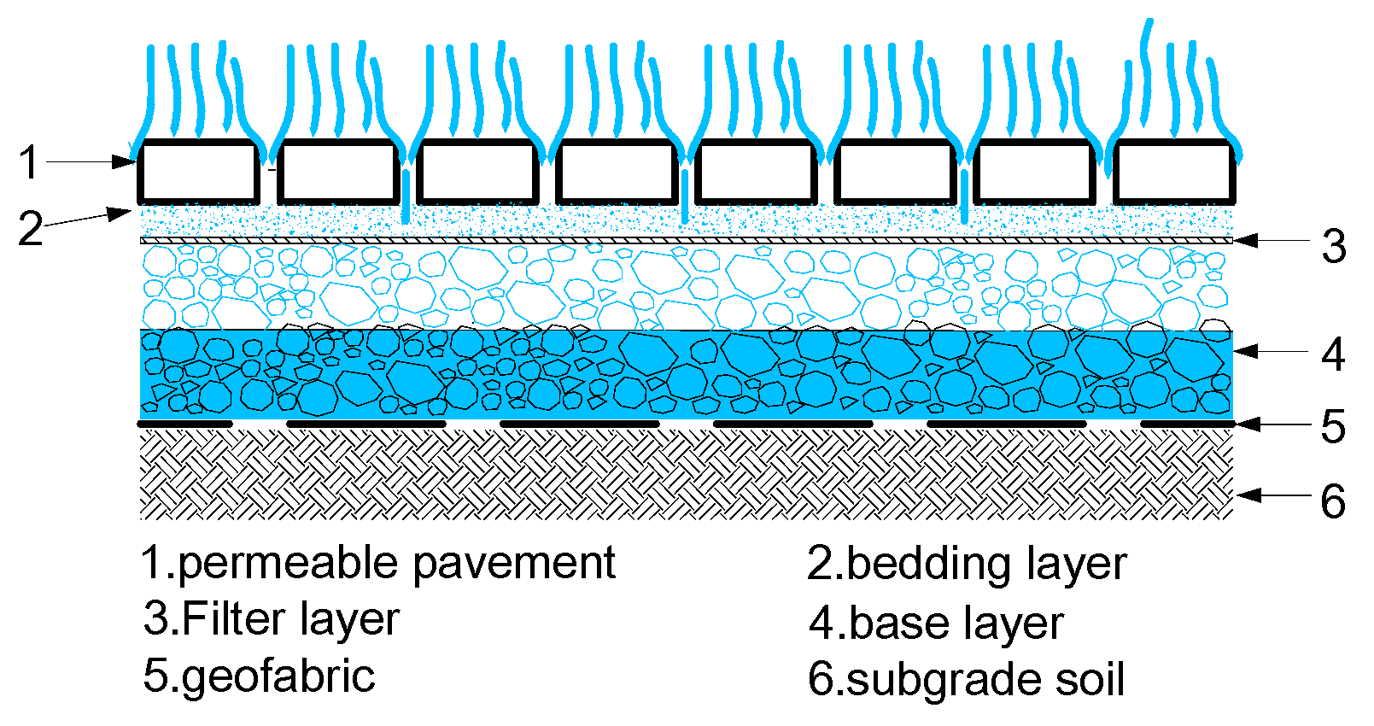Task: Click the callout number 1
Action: click(29, 162)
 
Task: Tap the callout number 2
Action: click(31, 228)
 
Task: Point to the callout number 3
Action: click(1334, 246)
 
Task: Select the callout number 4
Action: click(1333, 354)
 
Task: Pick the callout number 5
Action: click(1333, 426)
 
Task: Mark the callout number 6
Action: click(1333, 501)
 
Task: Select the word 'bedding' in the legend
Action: click(931, 565)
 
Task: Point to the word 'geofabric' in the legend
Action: click(278, 676)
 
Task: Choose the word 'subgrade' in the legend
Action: click(944, 680)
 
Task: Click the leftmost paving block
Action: click(198, 173)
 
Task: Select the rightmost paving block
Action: click(1173, 173)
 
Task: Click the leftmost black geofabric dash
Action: click(185, 424)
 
